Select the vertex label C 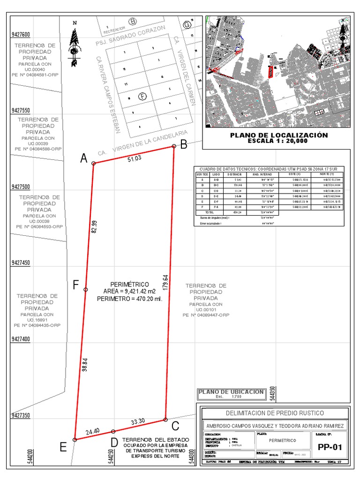tap(175, 426)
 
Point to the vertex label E tap(63, 447)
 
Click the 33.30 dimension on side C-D tap(138, 422)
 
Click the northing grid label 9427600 tap(21, 35)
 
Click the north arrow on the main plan tap(74, 45)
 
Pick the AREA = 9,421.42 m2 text tap(129, 292)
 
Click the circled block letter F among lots tap(142, 97)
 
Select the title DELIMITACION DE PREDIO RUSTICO tap(274, 413)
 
